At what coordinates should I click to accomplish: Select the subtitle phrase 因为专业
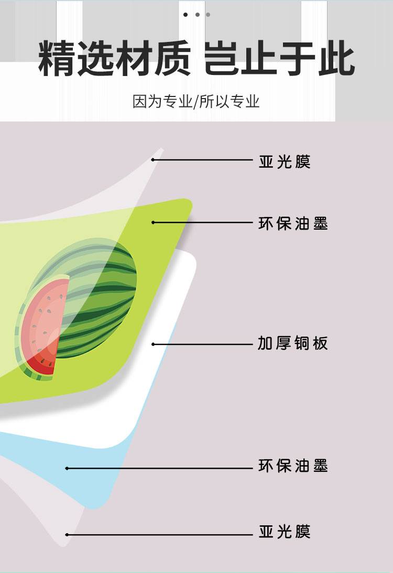162,101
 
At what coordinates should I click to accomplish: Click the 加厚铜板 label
292,344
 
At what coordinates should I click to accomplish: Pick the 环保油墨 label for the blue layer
293,466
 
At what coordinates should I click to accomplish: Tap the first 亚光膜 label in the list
285,161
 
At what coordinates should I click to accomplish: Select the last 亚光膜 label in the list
285,532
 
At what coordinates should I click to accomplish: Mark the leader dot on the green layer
154,222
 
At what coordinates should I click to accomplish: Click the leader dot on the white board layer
154,344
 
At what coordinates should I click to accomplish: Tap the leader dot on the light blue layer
67,468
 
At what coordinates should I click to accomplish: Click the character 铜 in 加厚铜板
301,344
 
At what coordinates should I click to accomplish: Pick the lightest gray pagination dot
208,15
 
